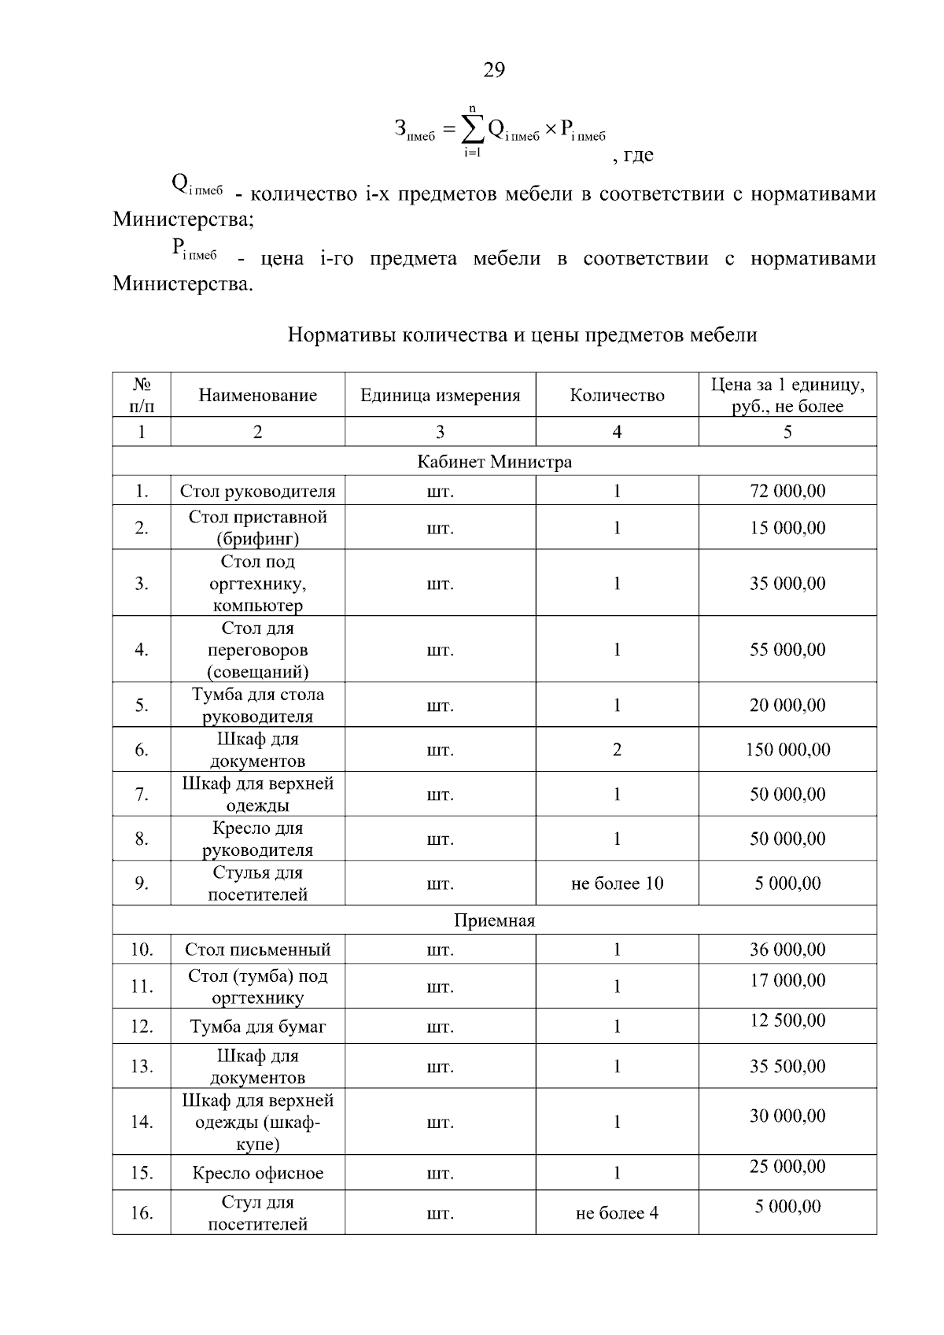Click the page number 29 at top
tap(493, 70)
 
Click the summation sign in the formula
tap(471, 129)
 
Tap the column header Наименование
tap(257, 395)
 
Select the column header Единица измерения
tap(440, 395)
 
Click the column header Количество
tap(617, 395)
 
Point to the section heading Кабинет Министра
tap(494, 462)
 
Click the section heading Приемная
tap(494, 920)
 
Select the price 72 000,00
tap(787, 491)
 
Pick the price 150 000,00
tap(787, 750)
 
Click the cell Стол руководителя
tap(257, 492)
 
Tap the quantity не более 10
tap(617, 883)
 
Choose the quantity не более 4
tap(617, 1213)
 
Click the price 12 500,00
tap(787, 1020)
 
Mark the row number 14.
tap(142, 1122)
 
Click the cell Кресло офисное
tap(257, 1173)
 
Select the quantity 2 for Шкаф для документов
tap(617, 750)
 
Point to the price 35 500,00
tap(787, 1066)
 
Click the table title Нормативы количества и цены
tap(522, 335)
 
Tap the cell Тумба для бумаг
tap(257, 1027)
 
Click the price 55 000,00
tap(787, 650)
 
